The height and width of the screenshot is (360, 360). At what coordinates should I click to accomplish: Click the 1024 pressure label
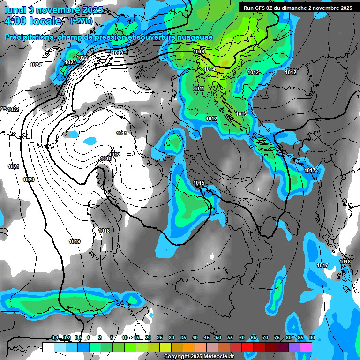(36, 65)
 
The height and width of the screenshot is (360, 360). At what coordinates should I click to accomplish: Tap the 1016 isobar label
(199, 52)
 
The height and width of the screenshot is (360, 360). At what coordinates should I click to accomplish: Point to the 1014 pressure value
(210, 69)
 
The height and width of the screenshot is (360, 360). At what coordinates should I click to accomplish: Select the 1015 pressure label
(199, 183)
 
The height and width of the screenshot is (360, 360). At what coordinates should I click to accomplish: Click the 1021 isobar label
(14, 166)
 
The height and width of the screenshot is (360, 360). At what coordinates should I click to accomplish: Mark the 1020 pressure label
(29, 180)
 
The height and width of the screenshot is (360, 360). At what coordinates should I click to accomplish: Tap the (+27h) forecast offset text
(81, 21)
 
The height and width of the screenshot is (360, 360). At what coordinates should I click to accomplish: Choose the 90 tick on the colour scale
(312, 337)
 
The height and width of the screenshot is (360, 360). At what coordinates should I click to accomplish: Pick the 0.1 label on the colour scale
(54, 337)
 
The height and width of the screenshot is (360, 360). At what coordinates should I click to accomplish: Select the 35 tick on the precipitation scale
(183, 337)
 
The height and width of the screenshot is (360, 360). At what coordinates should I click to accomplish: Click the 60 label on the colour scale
(242, 337)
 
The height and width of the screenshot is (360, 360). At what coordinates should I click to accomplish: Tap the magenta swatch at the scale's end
(306, 347)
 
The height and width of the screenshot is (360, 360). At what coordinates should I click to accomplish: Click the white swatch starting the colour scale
(48, 347)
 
